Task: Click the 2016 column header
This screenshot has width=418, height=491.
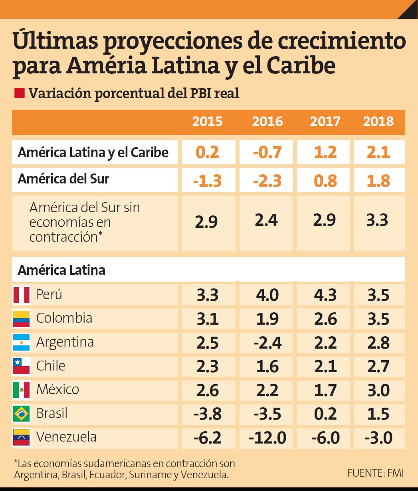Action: tap(267, 122)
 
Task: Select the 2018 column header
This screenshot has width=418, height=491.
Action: tap(378, 122)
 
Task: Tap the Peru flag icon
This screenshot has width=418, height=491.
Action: tap(21, 295)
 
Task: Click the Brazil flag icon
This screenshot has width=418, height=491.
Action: tap(21, 414)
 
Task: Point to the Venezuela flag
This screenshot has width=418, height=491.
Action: tap(21, 438)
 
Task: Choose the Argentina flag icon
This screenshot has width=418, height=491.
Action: tap(21, 343)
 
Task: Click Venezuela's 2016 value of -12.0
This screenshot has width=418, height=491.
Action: tap(267, 438)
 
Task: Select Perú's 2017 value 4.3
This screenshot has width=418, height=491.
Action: tap(325, 295)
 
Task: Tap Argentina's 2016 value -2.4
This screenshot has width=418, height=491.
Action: tap(267, 343)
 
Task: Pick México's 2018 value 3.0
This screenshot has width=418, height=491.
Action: tap(378, 390)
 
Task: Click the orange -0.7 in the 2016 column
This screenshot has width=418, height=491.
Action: tap(267, 152)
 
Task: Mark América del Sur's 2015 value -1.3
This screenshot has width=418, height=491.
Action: tap(207, 181)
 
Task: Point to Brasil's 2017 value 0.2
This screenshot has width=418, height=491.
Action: tap(325, 414)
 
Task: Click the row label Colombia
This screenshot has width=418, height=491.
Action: tap(64, 318)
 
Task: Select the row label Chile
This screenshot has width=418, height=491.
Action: tap(50, 366)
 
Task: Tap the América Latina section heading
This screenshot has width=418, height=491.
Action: tap(61, 270)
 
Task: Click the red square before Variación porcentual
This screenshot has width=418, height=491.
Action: tap(19, 93)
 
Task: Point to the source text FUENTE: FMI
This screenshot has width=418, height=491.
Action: tap(375, 473)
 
